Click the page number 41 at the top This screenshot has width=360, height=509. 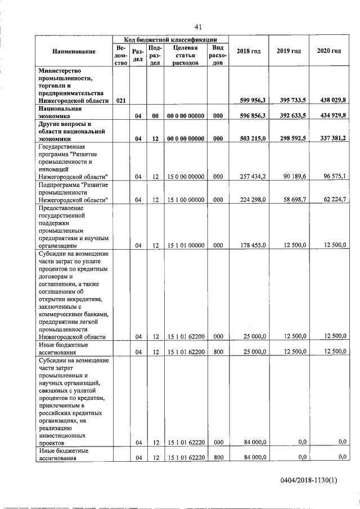198,26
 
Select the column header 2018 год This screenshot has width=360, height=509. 249,51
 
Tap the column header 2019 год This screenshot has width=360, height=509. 289,51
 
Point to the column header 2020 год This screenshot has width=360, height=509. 328,51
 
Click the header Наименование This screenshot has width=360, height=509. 74,51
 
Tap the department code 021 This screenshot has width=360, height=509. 120,100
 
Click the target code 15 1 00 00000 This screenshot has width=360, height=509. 186,200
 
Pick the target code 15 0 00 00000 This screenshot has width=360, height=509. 186,177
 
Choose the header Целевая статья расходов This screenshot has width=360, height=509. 186,56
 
